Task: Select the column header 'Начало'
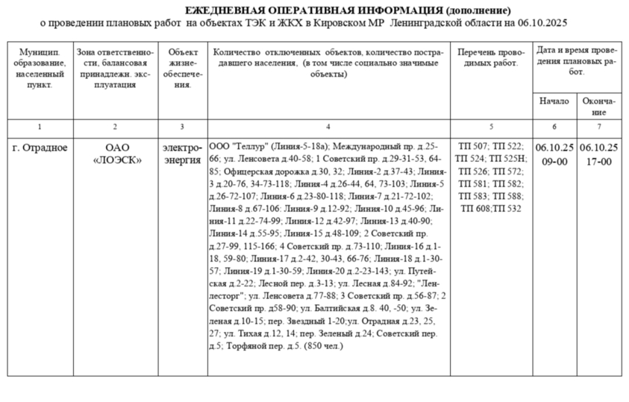[554, 101]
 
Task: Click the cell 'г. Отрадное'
[40, 147]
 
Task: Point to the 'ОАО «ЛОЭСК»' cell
[115, 153]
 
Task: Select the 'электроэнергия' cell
[182, 153]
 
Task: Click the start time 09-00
[554, 160]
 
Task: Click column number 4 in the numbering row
[328, 128]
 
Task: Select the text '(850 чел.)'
[323, 346]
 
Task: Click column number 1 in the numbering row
[40, 128]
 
